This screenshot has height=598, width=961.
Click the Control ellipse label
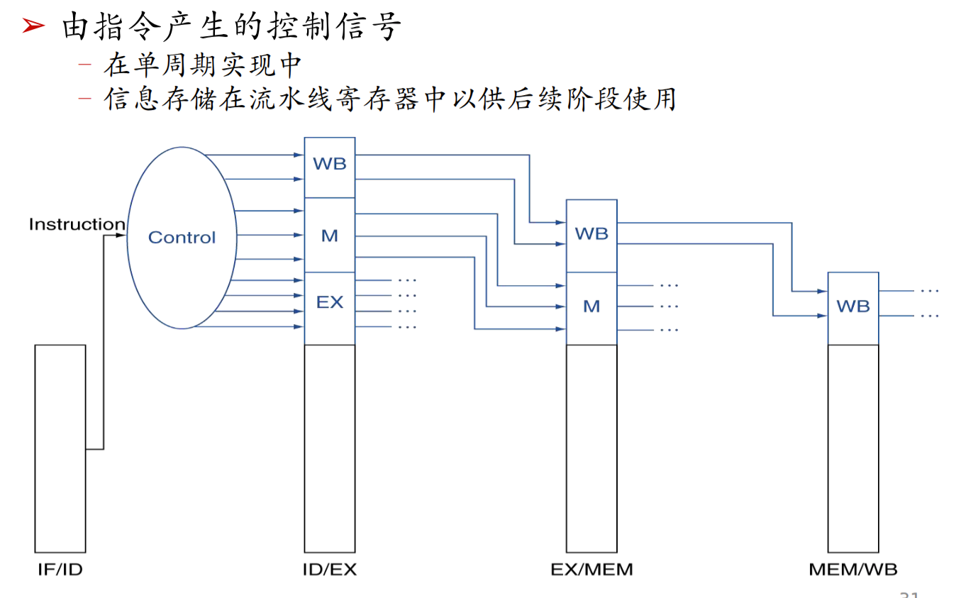coord(182,237)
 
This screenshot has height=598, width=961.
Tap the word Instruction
coord(77,224)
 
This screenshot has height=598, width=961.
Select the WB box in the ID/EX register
coord(330,167)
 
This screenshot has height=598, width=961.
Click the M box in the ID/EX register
coord(330,235)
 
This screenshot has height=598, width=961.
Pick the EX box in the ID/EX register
coord(330,309)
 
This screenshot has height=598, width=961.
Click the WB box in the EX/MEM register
coord(591,236)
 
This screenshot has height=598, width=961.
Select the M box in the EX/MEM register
coord(591,309)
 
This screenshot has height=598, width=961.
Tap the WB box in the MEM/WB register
coord(853,309)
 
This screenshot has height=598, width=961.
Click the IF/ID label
coord(60,569)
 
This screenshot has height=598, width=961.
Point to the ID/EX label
coord(330,569)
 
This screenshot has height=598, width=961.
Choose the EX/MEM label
coord(591,569)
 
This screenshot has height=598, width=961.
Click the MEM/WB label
coord(853,569)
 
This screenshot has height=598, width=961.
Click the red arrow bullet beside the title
coord(33,26)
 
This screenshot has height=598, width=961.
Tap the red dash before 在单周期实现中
coord(85,65)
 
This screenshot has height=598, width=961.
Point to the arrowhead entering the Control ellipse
coord(121,235)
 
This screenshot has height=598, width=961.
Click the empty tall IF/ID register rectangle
coord(60,449)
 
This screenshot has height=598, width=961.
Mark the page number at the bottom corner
coord(909,594)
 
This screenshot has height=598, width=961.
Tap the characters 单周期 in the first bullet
coord(175,65)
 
